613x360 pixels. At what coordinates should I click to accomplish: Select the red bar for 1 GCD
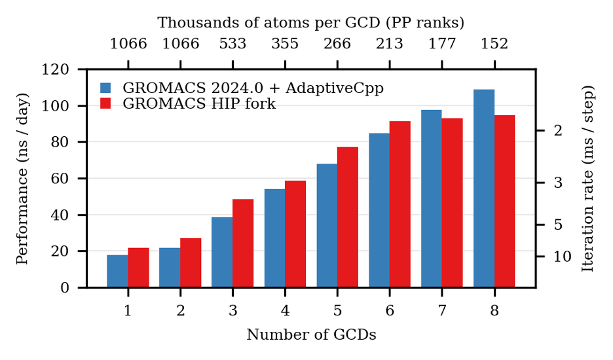coord(138,268)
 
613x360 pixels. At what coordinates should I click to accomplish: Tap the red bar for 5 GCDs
coord(348,217)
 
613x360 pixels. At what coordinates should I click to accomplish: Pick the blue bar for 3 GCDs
coord(222,252)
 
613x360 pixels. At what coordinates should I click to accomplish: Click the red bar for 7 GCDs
coord(453,203)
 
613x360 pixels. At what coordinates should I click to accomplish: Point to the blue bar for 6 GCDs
coord(379,210)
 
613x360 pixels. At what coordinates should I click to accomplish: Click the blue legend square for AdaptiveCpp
coord(106,88)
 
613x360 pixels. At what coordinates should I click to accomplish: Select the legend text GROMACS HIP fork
coord(199,104)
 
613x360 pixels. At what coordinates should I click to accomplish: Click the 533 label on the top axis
coord(232,45)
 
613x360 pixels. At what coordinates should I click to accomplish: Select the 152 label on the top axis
coord(494,45)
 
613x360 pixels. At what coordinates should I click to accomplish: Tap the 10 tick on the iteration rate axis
coord(563,257)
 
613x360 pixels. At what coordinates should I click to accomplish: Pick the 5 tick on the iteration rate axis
coord(558,225)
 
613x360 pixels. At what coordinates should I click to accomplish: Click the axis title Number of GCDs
coord(311,335)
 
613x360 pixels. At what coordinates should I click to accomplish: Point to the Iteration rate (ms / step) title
coord(588,178)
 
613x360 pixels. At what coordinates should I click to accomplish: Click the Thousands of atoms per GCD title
coord(311,23)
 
